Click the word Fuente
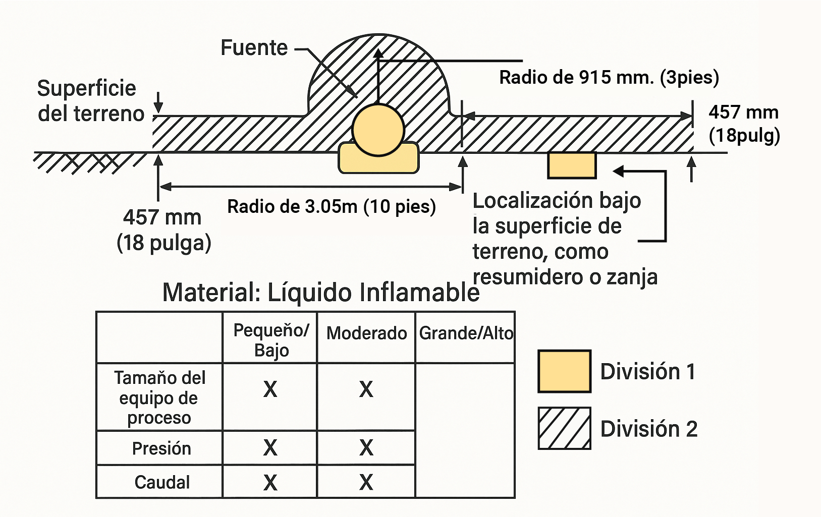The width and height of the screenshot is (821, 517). [254, 48]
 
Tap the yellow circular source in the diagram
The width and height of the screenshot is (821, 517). [378, 130]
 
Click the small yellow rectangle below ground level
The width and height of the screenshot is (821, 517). [572, 165]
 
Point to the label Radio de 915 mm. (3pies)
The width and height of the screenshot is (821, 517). [609, 77]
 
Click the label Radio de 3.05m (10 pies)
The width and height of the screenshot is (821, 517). [332, 206]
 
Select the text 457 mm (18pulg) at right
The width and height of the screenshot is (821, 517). [744, 124]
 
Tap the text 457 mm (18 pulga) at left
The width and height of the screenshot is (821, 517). [163, 230]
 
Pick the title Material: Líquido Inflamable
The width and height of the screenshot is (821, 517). [320, 292]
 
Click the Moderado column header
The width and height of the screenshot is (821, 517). [366, 333]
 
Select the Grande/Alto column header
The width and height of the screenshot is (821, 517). [466, 333]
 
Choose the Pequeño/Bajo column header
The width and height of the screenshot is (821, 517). [271, 340]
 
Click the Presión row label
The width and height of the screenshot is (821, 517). [161, 448]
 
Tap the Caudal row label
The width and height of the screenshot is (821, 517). [162, 482]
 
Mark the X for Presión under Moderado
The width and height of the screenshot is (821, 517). [366, 448]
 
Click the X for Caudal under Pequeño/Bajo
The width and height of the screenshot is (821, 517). [270, 483]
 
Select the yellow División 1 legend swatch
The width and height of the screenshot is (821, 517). [564, 371]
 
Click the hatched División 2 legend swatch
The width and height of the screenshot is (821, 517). [564, 428]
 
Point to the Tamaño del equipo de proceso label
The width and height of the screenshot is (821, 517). [159, 397]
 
